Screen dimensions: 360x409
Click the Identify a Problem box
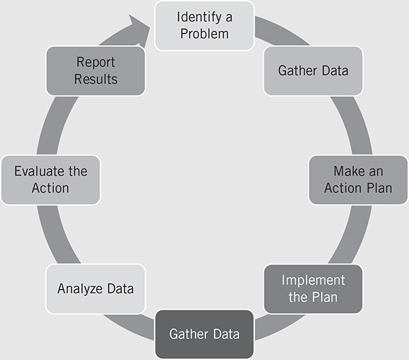pos(204,25)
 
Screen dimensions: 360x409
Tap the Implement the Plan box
pos(313,288)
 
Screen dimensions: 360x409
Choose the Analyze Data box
pos(95,288)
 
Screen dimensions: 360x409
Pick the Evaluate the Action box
pos(50,179)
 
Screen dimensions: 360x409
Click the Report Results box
pos(95,71)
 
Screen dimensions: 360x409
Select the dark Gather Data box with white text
pos(204,334)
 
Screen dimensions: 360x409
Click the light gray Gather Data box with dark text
pos(313,71)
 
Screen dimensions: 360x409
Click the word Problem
pos(204,33)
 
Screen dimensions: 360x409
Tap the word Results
pos(95,79)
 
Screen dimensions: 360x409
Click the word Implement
pos(313,280)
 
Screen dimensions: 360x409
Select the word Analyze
pos(79,288)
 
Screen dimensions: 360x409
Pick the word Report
pos(95,63)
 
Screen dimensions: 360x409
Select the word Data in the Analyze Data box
pos(117,288)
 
